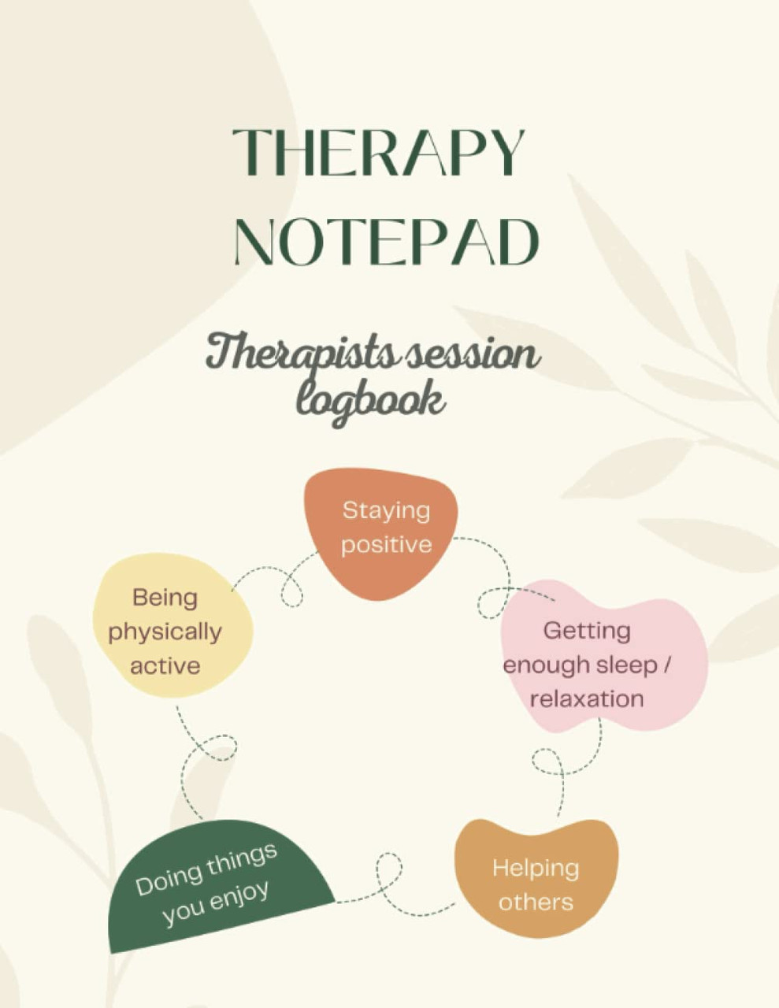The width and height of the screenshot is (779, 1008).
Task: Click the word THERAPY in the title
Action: [x=378, y=152]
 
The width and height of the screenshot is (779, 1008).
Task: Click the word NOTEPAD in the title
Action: [x=386, y=241]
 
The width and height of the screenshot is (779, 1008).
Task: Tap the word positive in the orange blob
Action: [x=387, y=546]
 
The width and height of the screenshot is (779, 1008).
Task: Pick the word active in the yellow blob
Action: [x=165, y=666]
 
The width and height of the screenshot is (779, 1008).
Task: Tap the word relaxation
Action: [x=587, y=699]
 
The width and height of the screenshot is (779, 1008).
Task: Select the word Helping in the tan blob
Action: [x=536, y=869]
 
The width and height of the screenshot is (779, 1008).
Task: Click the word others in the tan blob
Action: [x=536, y=902]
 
